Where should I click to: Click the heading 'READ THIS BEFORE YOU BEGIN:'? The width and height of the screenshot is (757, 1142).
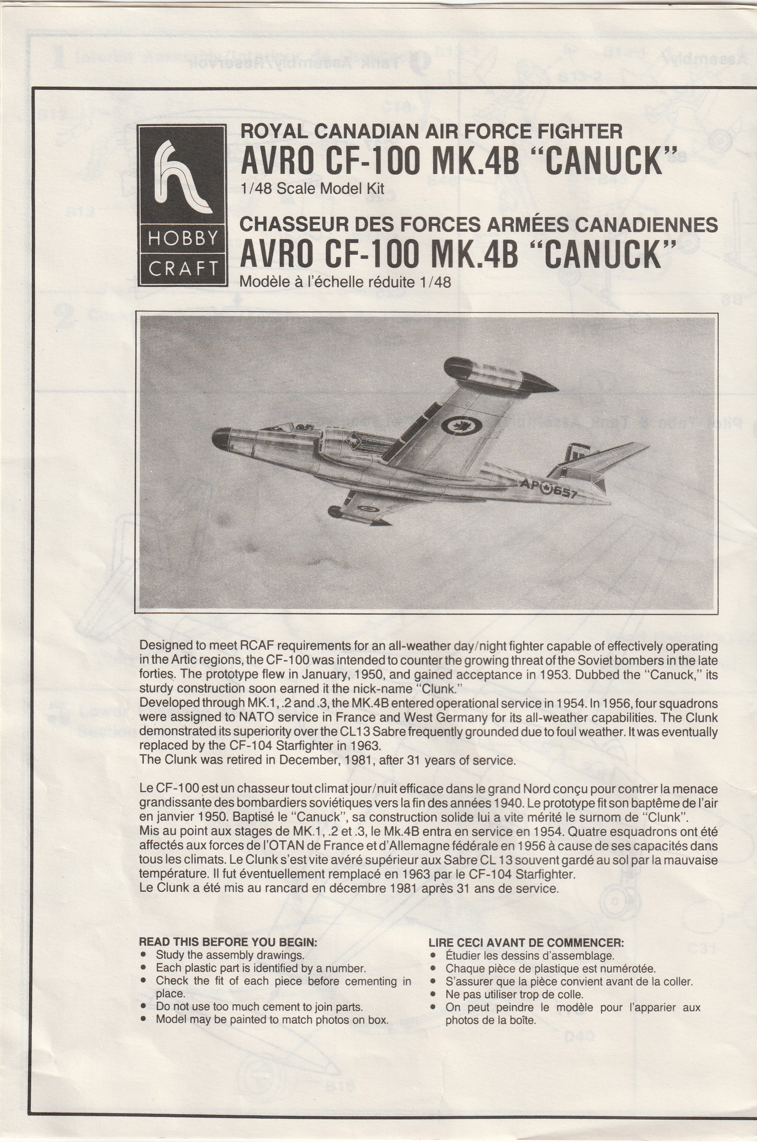pyautogui.click(x=228, y=942)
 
